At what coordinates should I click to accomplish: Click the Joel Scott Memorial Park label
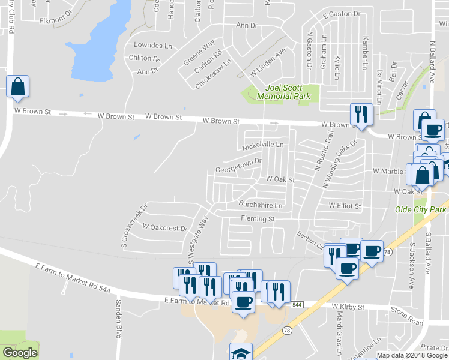pyautogui.click(x=279, y=92)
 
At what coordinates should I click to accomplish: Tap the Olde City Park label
pyautogui.click(x=420, y=209)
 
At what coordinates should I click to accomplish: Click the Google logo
pyautogui.click(x=20, y=353)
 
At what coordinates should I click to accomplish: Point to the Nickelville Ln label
pyautogui.click(x=262, y=146)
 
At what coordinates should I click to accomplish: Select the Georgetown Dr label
pyautogui.click(x=238, y=166)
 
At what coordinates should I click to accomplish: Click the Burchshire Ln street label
pyautogui.click(x=260, y=205)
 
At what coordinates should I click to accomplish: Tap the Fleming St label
pyautogui.click(x=258, y=219)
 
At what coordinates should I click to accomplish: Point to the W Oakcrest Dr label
pyautogui.click(x=165, y=228)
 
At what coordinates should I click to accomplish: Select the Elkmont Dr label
pyautogui.click(x=55, y=20)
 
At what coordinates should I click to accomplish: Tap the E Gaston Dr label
pyautogui.click(x=341, y=13)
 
